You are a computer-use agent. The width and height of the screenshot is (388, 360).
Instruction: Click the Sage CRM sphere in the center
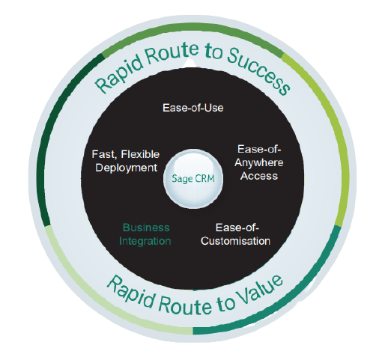pyautogui.click(x=193, y=179)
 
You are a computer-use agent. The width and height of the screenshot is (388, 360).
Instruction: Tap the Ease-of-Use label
pyautogui.click(x=193, y=108)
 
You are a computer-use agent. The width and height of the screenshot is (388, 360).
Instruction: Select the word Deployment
pyautogui.click(x=127, y=168)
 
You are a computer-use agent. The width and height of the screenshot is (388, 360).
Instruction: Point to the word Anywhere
pyautogui.click(x=259, y=163)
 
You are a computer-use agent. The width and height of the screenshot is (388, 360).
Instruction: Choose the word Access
pyautogui.click(x=259, y=176)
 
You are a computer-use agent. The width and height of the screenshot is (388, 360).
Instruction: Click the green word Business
pyautogui.click(x=146, y=228)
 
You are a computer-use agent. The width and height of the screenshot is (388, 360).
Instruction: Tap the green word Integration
pyautogui.click(x=145, y=241)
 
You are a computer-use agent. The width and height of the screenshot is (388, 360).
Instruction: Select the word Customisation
pyautogui.click(x=235, y=241)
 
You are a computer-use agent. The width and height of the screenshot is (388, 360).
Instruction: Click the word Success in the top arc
pyautogui.click(x=259, y=70)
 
